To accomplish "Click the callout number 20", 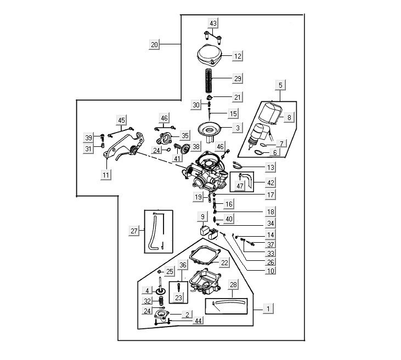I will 154,44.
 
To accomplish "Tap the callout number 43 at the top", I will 213,23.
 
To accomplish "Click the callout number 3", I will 238,128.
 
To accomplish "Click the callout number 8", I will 290,116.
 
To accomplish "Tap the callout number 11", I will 106,175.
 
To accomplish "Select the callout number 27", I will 134,231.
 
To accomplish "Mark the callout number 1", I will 268,308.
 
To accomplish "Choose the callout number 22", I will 224,263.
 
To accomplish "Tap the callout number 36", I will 183,265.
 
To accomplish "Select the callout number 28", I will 234,285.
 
